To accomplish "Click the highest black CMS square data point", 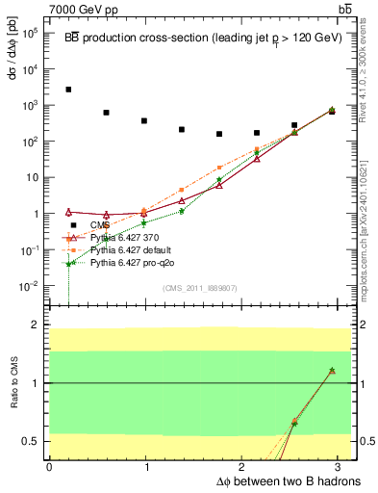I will coord(68,90).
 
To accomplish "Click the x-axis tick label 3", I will coord(342,466).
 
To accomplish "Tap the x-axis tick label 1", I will coord(146,466).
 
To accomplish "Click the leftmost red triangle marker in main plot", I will coord(68,212).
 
